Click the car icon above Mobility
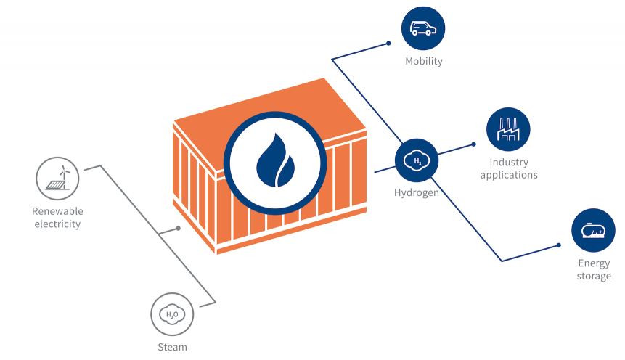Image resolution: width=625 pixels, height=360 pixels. [x=422, y=28]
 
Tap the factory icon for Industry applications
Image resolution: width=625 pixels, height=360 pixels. [x=508, y=130]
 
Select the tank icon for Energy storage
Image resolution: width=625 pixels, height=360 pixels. [x=594, y=231]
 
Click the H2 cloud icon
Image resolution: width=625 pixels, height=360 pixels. [x=417, y=161]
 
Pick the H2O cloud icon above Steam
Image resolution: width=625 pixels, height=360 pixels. [x=172, y=314]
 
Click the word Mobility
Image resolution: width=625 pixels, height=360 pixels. [x=423, y=62]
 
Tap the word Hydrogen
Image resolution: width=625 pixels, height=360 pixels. [x=416, y=193]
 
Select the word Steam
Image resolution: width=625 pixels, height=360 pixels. [x=172, y=347]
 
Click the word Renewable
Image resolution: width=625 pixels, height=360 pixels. [x=57, y=211]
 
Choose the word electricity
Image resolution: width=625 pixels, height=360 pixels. [x=57, y=224]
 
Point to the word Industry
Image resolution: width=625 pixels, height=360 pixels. [x=508, y=163]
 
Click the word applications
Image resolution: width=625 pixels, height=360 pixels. [x=508, y=175]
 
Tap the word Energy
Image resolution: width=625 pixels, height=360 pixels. [x=594, y=263]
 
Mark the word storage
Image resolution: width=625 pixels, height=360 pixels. [x=594, y=276]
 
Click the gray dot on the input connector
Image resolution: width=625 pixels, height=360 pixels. [x=179, y=229]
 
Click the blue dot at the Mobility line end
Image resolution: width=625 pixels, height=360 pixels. [x=388, y=44]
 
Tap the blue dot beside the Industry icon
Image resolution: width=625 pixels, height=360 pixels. [x=473, y=144]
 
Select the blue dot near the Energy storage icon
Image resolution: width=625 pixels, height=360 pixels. [x=559, y=245]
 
